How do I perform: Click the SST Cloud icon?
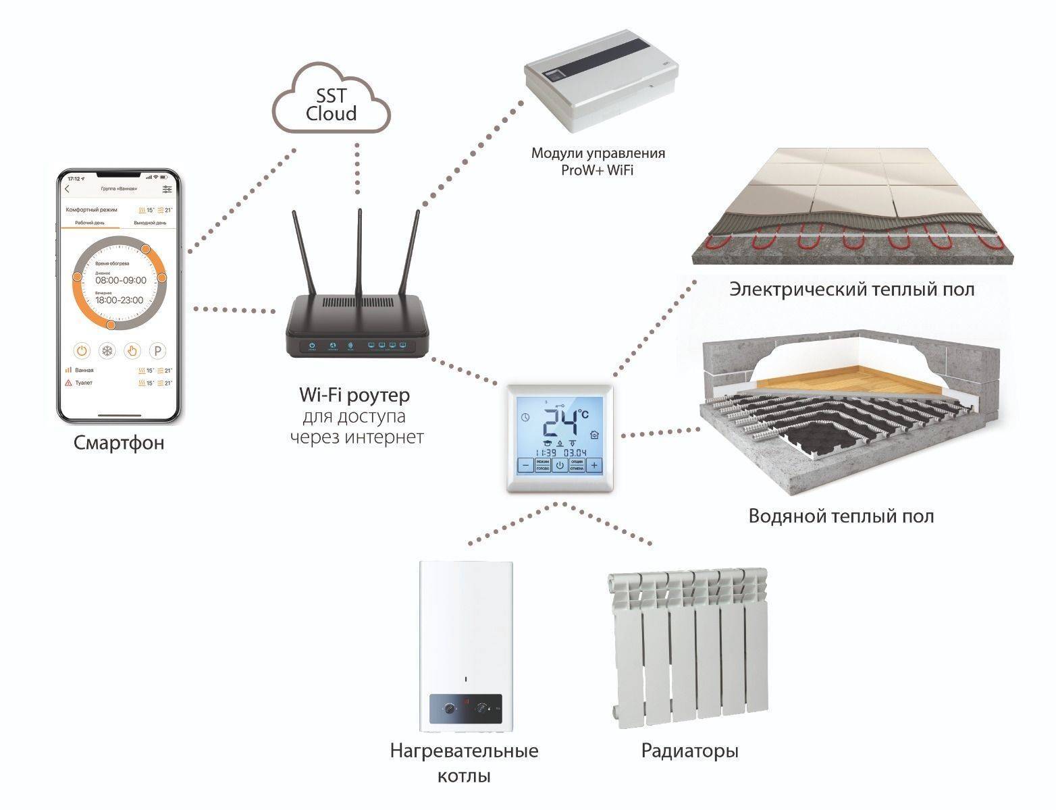pyautogui.click(x=332, y=105)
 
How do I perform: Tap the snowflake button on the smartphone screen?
pyautogui.click(x=107, y=351)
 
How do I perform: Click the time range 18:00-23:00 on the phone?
pyautogui.click(x=120, y=300)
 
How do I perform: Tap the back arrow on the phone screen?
pyautogui.click(x=68, y=189)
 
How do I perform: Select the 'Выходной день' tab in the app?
pyautogui.click(x=150, y=222)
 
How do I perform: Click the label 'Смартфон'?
pyautogui.click(x=119, y=443)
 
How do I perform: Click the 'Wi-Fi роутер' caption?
pyautogui.click(x=354, y=394)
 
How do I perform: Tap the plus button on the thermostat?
pyautogui.click(x=594, y=465)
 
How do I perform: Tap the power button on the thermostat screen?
pyautogui.click(x=559, y=465)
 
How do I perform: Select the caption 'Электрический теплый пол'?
pyautogui.click(x=852, y=290)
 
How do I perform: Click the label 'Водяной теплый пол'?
pyautogui.click(x=841, y=516)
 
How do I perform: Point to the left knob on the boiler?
pyautogui.click(x=449, y=709)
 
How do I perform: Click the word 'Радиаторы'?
pyautogui.click(x=689, y=751)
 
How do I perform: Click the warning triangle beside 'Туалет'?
pyautogui.click(x=68, y=383)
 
